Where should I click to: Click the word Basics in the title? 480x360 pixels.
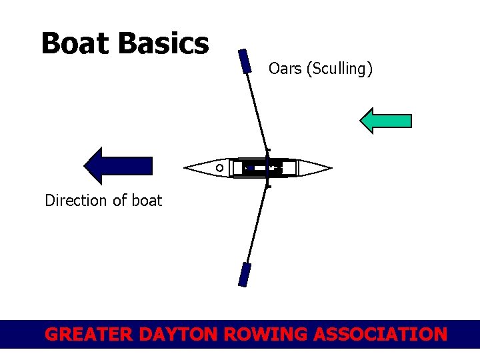[x=164, y=44]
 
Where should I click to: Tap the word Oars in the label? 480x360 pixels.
[x=285, y=69]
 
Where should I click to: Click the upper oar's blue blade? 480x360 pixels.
[x=245, y=61]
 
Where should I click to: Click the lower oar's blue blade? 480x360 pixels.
[x=245, y=275]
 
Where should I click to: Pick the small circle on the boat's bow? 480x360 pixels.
[x=219, y=168]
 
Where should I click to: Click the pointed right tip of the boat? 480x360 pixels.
[x=329, y=167]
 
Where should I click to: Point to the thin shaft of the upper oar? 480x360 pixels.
[x=257, y=111]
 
